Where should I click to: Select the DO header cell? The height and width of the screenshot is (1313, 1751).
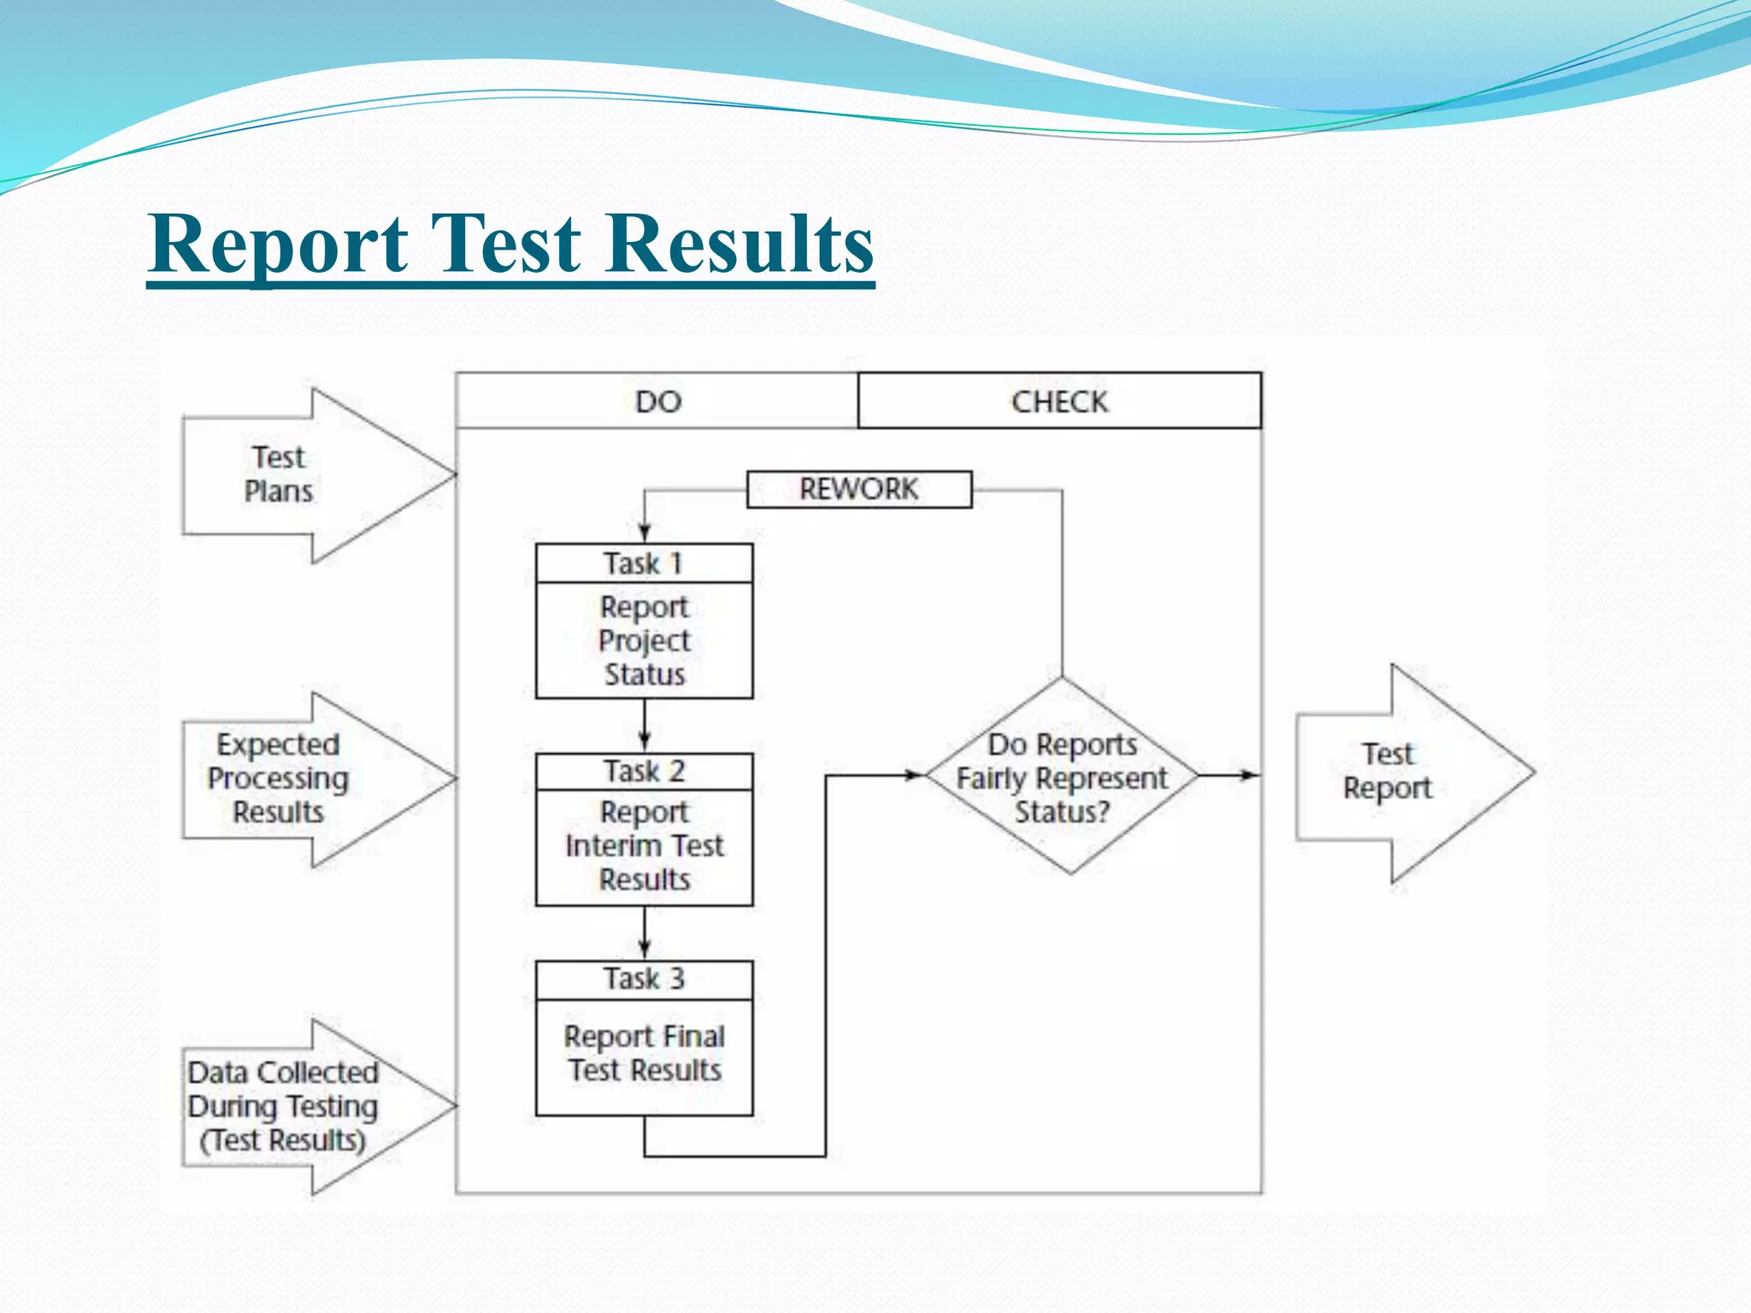(x=657, y=401)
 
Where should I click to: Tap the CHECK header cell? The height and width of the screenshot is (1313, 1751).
(x=1059, y=401)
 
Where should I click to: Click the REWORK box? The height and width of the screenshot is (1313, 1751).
(x=859, y=490)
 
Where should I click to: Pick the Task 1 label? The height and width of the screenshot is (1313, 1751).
(x=644, y=564)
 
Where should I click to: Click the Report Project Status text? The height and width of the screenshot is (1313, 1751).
(x=644, y=640)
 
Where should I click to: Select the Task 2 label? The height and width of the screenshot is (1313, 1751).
(x=644, y=771)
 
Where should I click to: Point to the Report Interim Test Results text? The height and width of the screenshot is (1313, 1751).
(x=644, y=845)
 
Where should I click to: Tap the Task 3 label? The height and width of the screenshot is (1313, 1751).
(x=644, y=979)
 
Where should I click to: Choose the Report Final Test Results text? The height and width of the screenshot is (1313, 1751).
(x=644, y=1053)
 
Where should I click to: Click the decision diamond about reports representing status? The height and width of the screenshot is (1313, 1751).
(x=1062, y=777)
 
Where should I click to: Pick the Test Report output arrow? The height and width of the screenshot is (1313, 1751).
(x=1402, y=772)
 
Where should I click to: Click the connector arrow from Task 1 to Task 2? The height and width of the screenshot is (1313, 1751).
(x=645, y=726)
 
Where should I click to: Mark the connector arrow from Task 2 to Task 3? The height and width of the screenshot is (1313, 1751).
(x=645, y=933)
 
